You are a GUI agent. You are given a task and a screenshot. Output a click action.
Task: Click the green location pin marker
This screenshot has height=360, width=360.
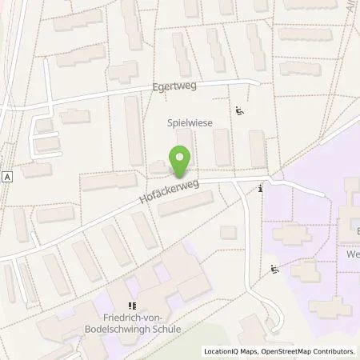pos(181,162)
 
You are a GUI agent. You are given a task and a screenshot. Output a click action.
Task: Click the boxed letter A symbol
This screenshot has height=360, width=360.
pos(7,177)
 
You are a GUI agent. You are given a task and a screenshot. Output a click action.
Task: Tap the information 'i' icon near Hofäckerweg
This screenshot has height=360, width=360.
pos(261,189)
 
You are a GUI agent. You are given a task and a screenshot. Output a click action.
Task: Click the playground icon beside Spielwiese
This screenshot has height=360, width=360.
pos(239,111)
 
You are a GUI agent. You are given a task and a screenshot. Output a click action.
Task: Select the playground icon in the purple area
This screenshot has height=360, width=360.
pos(275,270)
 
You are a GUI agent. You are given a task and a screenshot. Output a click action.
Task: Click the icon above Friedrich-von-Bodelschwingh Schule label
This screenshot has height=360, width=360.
pos(132,306)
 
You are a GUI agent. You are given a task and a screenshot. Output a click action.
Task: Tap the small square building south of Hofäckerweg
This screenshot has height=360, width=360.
pos(228,232)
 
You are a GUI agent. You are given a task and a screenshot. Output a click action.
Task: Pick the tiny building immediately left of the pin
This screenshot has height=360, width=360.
pos(157,167)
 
